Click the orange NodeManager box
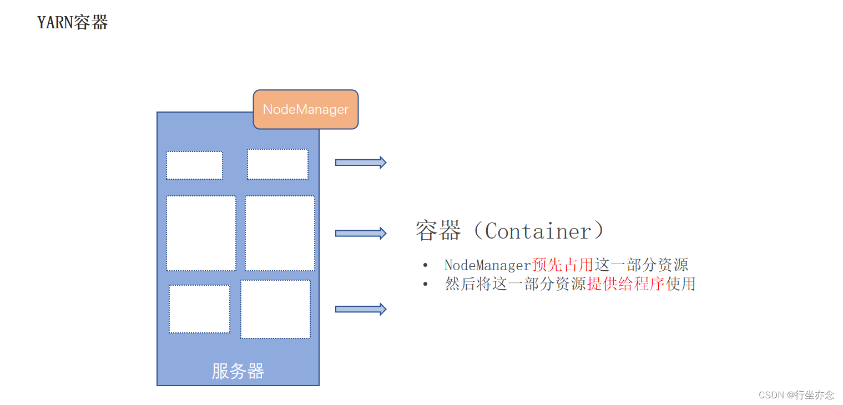tap(306, 109)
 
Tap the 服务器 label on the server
tap(238, 371)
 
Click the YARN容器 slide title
tap(73, 23)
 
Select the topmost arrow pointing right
tap(360, 163)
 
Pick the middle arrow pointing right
tap(360, 233)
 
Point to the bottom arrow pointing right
tap(360, 309)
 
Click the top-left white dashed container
tap(194, 165)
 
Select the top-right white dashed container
tap(277, 164)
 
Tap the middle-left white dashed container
tap(201, 233)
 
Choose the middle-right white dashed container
tap(280, 233)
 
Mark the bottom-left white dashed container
tap(199, 309)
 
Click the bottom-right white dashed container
tap(275, 309)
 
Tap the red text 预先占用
tap(563, 265)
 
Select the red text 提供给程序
tap(625, 283)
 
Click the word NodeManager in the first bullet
tap(488, 265)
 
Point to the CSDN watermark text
tap(796, 395)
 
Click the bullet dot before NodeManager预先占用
tap(425, 265)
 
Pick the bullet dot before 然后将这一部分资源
tap(425, 283)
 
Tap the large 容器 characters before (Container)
tap(438, 231)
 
